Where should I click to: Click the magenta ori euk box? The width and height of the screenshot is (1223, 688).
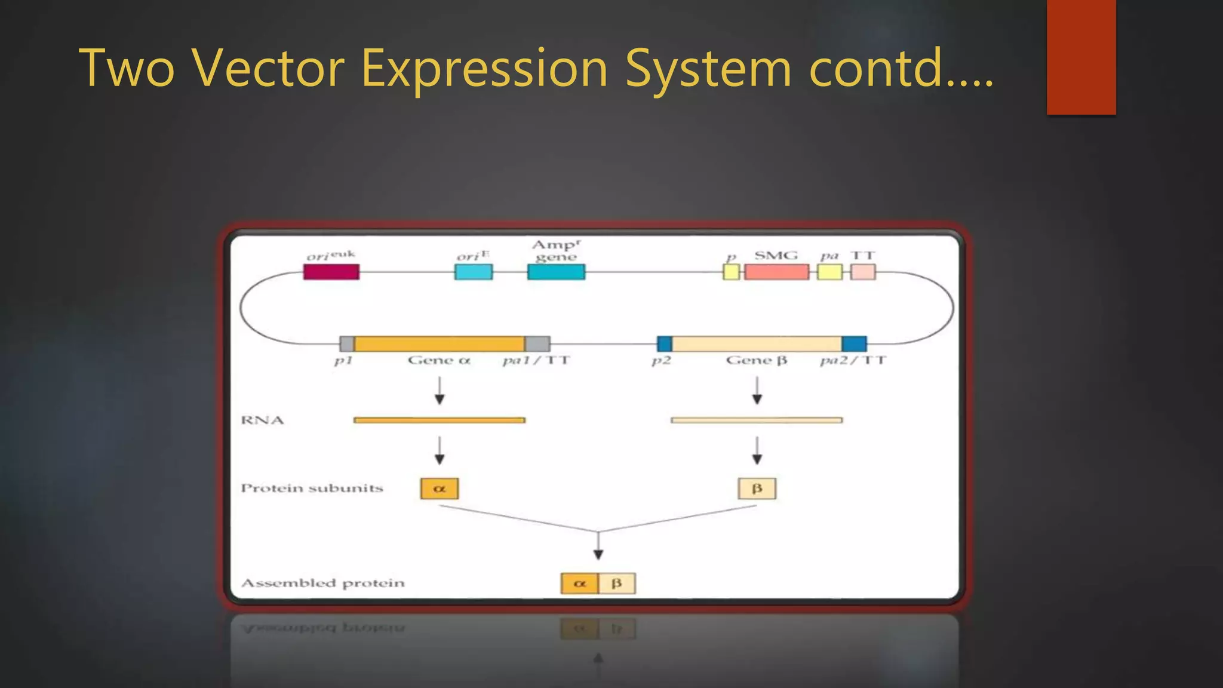pyautogui.click(x=331, y=272)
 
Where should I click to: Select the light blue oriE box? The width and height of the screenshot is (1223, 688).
pyautogui.click(x=474, y=272)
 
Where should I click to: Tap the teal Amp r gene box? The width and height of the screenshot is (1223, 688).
pyautogui.click(x=556, y=272)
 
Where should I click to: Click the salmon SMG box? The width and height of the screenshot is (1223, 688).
pyautogui.click(x=776, y=272)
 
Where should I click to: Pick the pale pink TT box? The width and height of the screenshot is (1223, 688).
pyautogui.click(x=863, y=272)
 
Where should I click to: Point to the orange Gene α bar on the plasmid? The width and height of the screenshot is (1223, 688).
pyautogui.click(x=440, y=344)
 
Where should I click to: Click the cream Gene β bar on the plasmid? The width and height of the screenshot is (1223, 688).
pyautogui.click(x=757, y=344)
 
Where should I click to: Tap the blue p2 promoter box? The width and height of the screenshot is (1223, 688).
pyautogui.click(x=664, y=344)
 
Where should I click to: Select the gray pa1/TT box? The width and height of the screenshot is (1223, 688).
pyautogui.click(x=537, y=344)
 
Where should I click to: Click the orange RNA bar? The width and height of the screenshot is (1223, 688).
pyautogui.click(x=440, y=420)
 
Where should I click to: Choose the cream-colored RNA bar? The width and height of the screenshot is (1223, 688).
pyautogui.click(x=757, y=420)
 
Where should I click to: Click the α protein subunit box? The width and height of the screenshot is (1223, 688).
pyautogui.click(x=440, y=489)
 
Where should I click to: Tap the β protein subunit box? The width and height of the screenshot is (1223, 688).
pyautogui.click(x=757, y=489)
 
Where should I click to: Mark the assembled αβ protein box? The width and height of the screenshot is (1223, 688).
pyautogui.click(x=598, y=583)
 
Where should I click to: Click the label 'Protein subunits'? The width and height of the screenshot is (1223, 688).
pyautogui.click(x=312, y=489)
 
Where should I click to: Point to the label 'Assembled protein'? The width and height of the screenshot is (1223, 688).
pyautogui.click(x=322, y=583)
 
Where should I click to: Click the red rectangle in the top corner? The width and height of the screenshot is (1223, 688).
pyautogui.click(x=1081, y=57)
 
